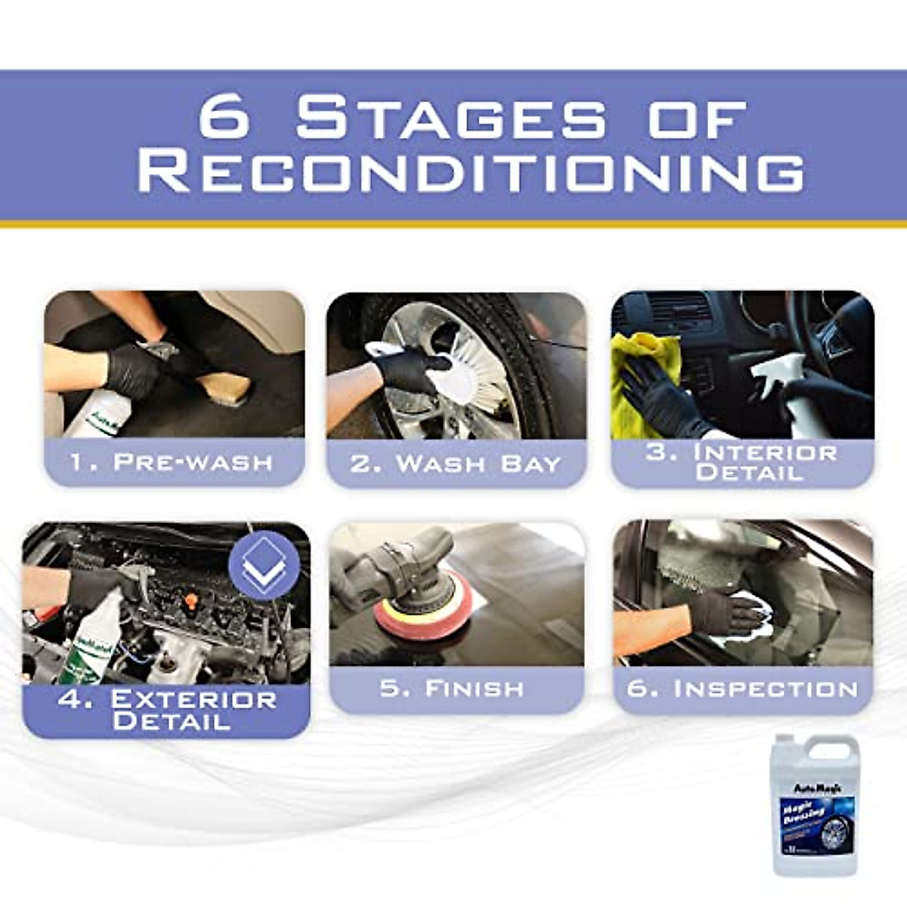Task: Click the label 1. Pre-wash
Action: point(172,462)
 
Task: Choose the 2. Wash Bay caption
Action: point(456,463)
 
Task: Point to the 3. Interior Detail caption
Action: point(743,463)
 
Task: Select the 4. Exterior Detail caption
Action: point(167,710)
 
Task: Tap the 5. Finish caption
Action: point(452,689)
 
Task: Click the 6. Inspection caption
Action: point(743,689)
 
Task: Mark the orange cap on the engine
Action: point(192,600)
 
